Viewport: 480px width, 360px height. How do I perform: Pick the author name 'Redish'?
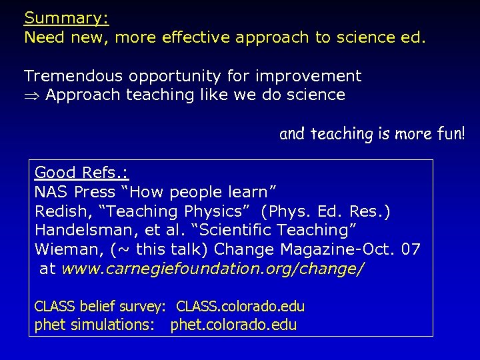pos(59,211)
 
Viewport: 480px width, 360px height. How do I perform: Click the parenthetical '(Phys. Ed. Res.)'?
pos(327,211)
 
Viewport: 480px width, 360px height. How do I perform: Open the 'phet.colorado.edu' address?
pos(233,325)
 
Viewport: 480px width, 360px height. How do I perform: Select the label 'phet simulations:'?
pos(94,325)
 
